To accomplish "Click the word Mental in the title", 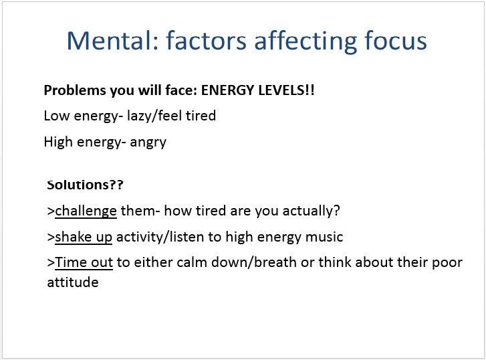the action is click(113, 40).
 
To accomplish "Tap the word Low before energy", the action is click(56, 116).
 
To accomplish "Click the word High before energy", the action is click(58, 142).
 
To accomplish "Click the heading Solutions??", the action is click(86, 185).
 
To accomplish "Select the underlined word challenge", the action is click(86, 211).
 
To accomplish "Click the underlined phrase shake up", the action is click(84, 238).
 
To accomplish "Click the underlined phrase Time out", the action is click(84, 262).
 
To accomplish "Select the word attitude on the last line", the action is click(73, 282).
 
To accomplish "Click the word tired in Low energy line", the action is click(201, 116).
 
